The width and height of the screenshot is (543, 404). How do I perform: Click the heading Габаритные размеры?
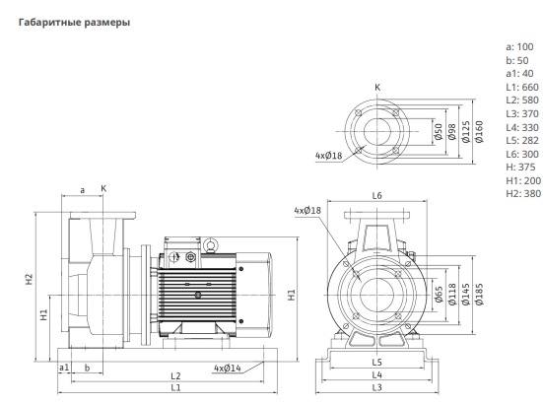point(75,23)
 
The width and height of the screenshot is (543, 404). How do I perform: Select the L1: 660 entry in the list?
point(522,87)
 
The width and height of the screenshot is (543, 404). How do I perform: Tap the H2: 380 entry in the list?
point(523,193)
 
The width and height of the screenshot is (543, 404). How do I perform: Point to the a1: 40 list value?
point(519,73)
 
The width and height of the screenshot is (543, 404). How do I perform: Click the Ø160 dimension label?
point(479,132)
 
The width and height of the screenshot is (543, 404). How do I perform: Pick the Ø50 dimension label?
point(439,132)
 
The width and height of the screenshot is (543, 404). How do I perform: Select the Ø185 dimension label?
point(479,295)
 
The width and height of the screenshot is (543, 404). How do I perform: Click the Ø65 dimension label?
point(439,295)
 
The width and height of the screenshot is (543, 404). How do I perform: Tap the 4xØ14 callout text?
point(228,368)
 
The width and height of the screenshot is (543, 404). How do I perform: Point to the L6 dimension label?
point(376,196)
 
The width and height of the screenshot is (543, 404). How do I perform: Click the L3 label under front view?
point(376,387)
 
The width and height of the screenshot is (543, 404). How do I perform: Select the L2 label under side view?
point(176,376)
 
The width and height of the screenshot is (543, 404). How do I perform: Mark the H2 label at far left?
point(30,280)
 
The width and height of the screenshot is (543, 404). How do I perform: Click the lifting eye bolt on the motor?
point(210,244)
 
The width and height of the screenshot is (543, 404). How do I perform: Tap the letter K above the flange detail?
point(377,88)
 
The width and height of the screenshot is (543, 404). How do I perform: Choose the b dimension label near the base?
point(87,368)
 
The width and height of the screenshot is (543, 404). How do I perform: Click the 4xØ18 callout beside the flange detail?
point(328,156)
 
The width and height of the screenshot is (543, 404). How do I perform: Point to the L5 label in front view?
point(376,362)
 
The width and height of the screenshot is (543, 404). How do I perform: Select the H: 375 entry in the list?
point(520,167)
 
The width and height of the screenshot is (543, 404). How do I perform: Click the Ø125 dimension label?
point(466,132)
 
